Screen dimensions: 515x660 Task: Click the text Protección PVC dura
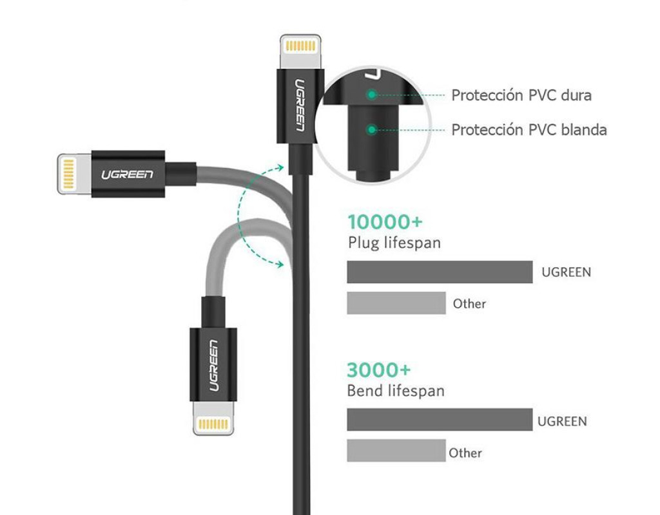tap(521, 95)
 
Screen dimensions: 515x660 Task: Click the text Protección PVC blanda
tap(529, 129)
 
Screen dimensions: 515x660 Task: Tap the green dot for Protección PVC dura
tap(371, 95)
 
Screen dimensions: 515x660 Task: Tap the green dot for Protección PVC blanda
tap(371, 129)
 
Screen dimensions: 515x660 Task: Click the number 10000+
tap(385, 222)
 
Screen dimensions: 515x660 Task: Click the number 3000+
tap(378, 370)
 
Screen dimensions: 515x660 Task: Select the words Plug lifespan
tap(394, 243)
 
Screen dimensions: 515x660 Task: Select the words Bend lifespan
tap(395, 391)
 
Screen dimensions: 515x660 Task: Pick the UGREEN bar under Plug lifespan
tap(440, 272)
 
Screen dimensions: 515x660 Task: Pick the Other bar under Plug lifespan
tap(396, 303)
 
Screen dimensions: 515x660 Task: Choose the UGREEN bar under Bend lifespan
tap(440, 420)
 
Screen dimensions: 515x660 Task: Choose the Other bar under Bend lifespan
tap(396, 451)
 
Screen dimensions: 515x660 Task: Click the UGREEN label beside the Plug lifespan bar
tap(566, 272)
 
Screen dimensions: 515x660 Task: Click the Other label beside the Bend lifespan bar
tap(465, 453)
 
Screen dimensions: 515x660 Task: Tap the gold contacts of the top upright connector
tap(300, 46)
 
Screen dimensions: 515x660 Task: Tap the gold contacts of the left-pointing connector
tap(68, 174)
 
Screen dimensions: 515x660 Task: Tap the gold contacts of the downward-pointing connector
tap(213, 424)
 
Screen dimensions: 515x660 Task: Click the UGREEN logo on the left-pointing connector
tap(127, 174)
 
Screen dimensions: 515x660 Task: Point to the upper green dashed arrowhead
tap(279, 167)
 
